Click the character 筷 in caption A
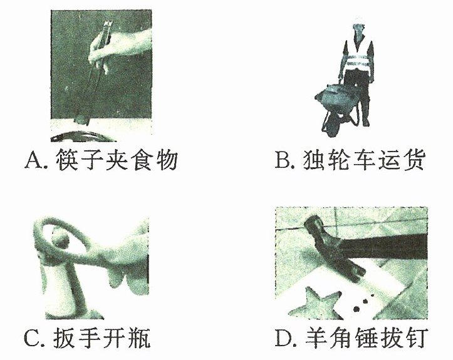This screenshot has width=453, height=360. pos(68,160)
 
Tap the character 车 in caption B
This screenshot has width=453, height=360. pos(364,160)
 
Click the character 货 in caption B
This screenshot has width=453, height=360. pos(414,160)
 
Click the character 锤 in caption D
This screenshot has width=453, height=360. pos(366,337)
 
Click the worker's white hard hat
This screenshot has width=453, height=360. pos(358,21)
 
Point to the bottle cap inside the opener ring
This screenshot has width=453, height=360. pos(61,239)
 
